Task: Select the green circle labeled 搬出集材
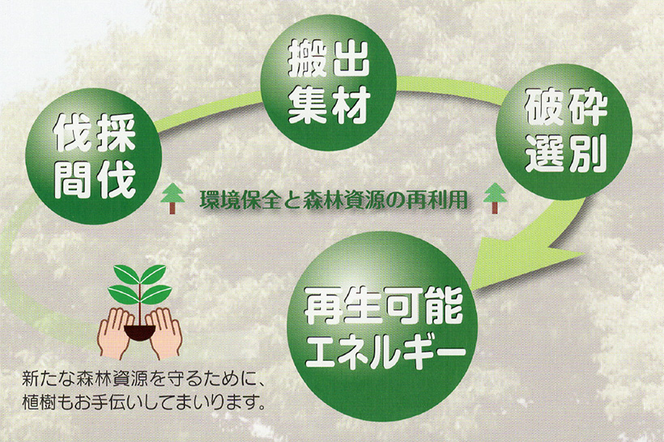[x=329, y=83]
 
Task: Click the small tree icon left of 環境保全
[x=172, y=198]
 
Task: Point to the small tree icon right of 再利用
[x=495, y=198]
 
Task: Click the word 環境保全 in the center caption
[x=240, y=200]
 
